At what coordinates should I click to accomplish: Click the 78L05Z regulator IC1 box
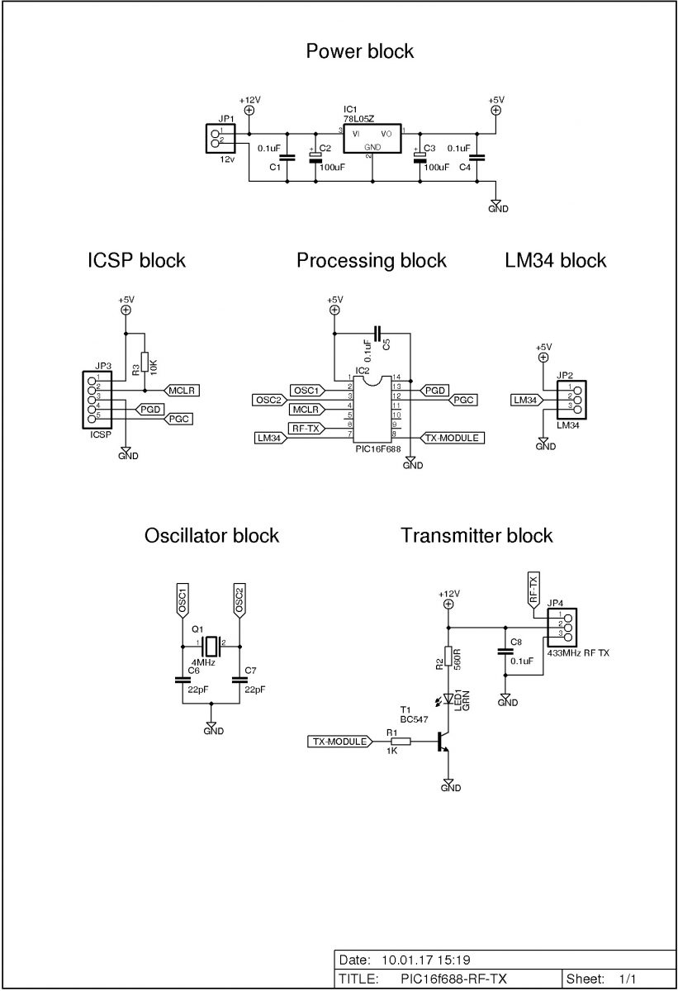[x=372, y=139]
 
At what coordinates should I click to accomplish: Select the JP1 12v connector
[x=220, y=139]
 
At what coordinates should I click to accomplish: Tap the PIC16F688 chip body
[x=372, y=409]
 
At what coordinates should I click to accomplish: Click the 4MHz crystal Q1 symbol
[x=211, y=647]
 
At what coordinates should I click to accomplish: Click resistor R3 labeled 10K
[x=145, y=364]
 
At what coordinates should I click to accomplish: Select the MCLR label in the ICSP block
[x=182, y=391]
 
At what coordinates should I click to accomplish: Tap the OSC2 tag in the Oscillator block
[x=239, y=600]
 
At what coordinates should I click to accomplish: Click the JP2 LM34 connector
[x=571, y=400]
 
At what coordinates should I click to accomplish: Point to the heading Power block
[x=359, y=51]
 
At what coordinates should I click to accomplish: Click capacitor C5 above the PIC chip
[x=377, y=333]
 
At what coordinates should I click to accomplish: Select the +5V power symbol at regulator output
[x=496, y=110]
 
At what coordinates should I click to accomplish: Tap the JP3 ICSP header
[x=97, y=400]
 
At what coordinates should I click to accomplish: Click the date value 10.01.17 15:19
[x=426, y=960]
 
